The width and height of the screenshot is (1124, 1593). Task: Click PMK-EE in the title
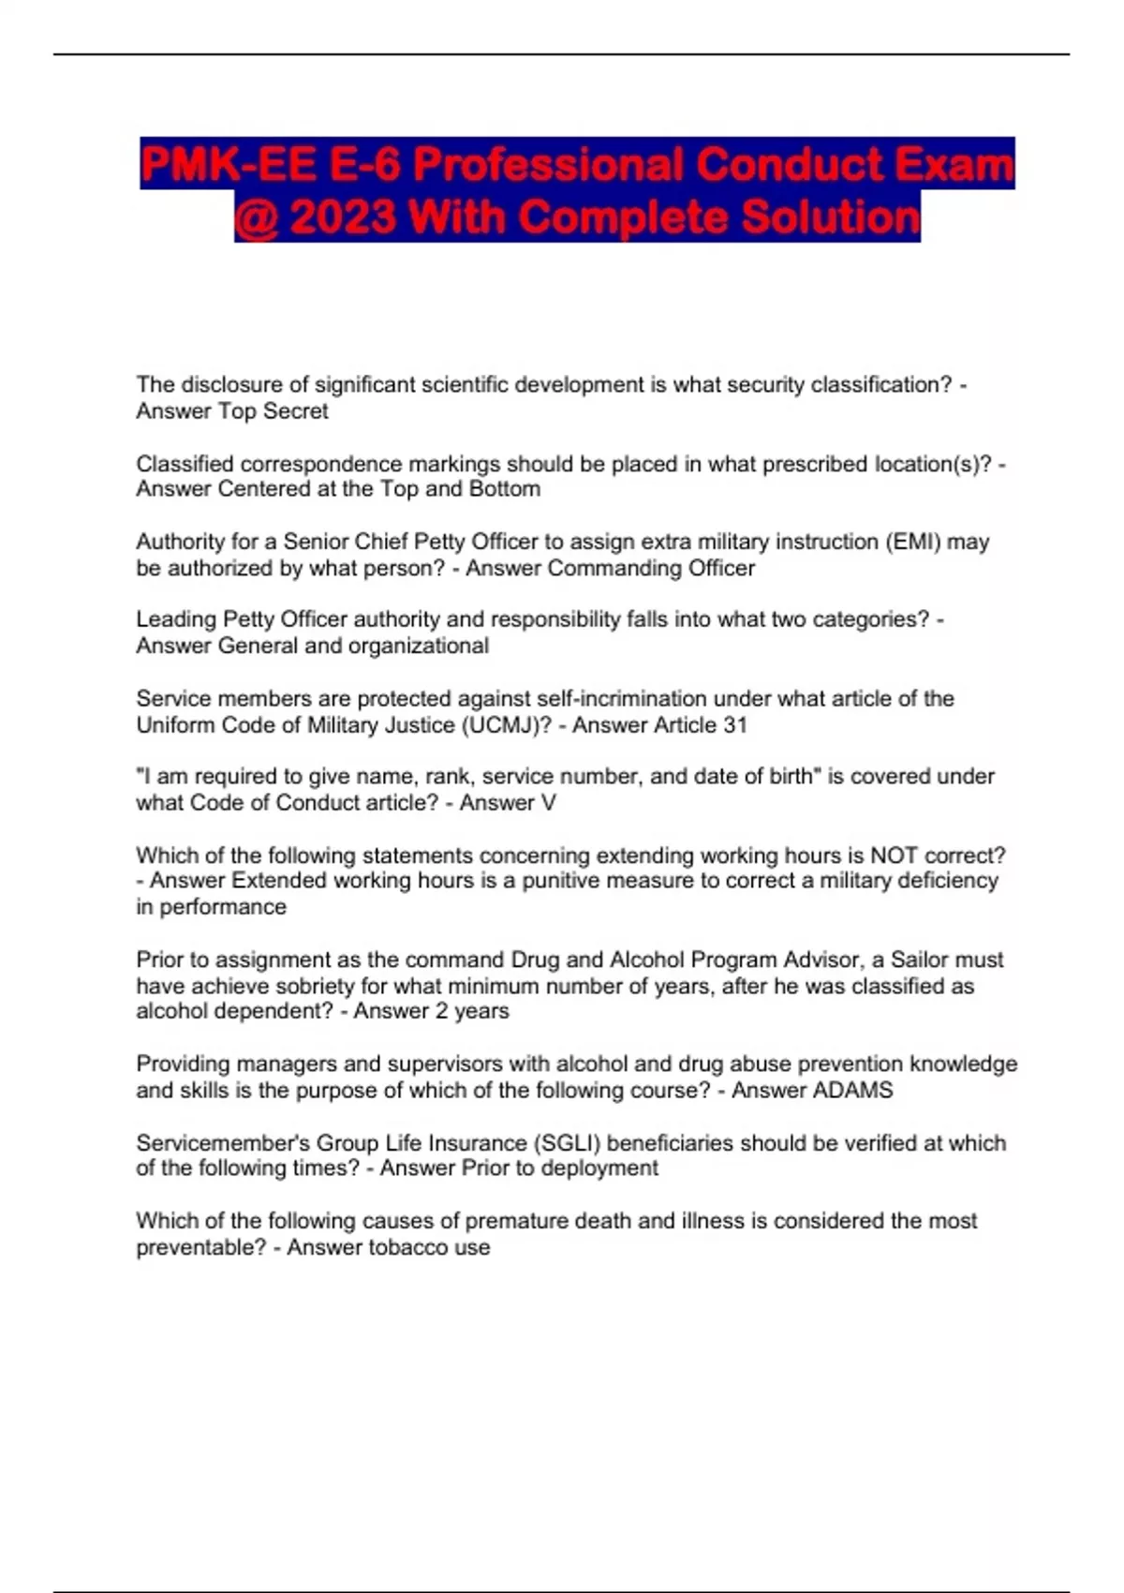228,165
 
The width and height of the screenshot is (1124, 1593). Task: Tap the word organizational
418,646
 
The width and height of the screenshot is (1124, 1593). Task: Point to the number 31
735,725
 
